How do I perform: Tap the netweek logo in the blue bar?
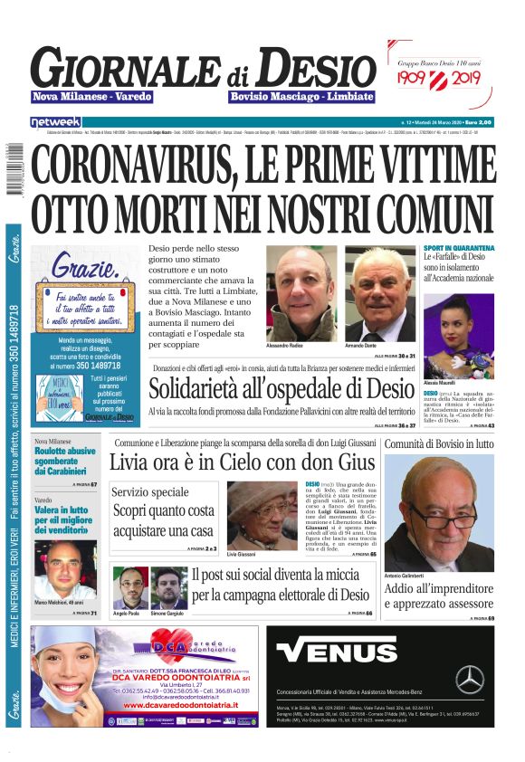55,121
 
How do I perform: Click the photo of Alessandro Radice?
302,295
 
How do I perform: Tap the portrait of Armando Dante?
380,295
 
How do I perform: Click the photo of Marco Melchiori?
64,569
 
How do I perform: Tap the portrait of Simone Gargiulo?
168,589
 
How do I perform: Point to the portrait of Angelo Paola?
129,589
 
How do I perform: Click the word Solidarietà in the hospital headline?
203,390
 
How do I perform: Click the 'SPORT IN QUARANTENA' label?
459,248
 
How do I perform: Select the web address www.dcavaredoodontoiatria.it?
183,721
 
